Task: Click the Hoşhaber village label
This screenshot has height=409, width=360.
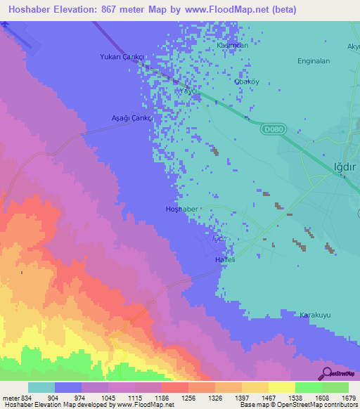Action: click(183, 209)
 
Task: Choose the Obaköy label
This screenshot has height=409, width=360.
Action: click(246, 82)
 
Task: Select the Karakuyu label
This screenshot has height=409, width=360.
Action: click(315, 314)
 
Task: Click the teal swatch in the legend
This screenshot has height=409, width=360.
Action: click(41, 387)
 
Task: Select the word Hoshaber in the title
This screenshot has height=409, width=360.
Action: click(29, 10)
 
